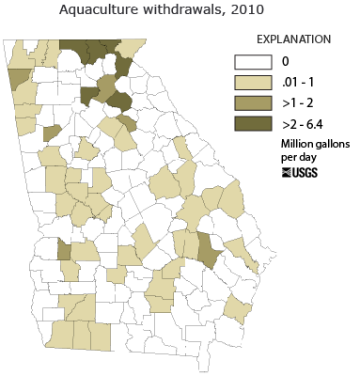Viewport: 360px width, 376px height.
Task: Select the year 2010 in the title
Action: click(x=245, y=10)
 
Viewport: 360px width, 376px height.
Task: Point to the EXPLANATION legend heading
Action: click(x=294, y=39)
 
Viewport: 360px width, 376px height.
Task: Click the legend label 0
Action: click(x=285, y=62)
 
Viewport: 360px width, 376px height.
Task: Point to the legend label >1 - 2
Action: click(x=298, y=103)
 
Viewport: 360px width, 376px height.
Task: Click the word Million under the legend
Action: click(x=297, y=143)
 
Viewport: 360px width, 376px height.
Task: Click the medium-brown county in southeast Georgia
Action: click(x=209, y=249)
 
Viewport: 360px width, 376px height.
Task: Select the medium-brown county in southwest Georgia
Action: click(x=64, y=249)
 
